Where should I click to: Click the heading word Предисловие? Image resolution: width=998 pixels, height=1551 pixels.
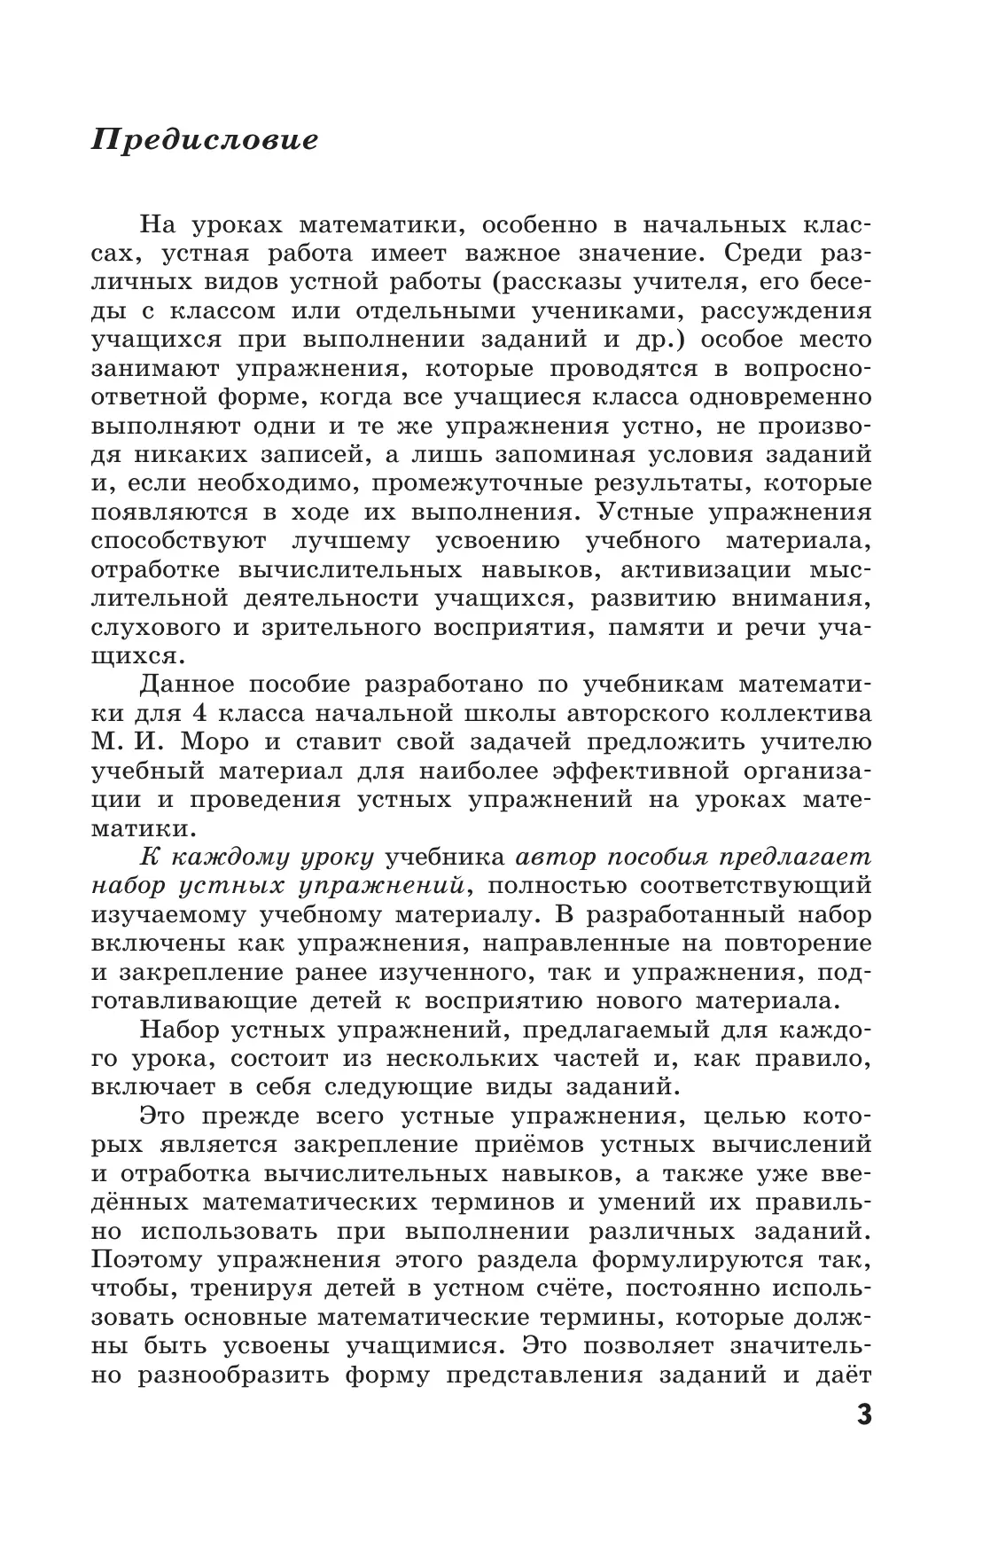(205, 140)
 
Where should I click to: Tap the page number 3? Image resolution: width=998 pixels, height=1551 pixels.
(864, 1438)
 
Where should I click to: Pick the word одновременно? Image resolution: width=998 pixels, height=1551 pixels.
(770, 397)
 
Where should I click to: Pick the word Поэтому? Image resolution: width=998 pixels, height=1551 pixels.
(158, 1259)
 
